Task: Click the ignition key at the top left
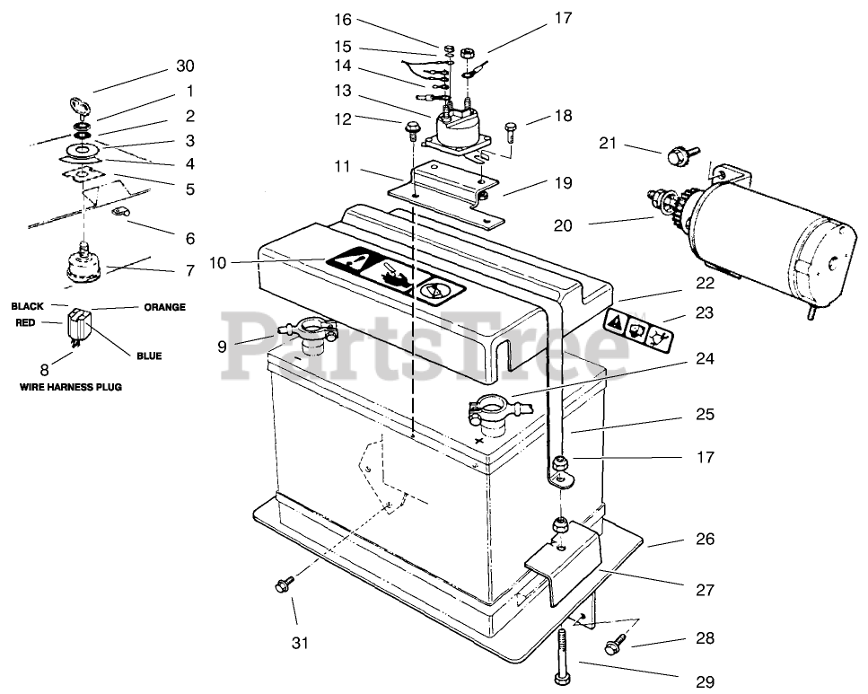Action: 82,106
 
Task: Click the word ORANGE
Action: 164,307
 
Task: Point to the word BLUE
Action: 149,356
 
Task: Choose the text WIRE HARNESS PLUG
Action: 71,387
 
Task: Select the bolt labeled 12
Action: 412,131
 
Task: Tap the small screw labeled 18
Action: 510,134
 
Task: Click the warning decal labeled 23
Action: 638,329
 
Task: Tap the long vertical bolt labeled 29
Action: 560,654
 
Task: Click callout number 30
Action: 186,66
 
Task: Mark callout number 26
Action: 706,539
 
